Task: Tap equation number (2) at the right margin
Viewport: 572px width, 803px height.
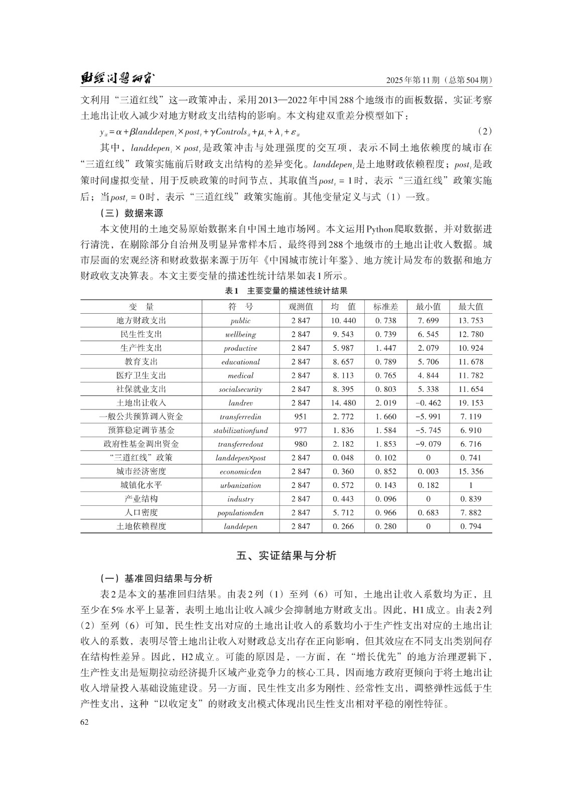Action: (484, 131)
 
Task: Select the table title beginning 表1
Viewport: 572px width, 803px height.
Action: (286, 291)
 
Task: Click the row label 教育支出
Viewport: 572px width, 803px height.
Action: (141, 361)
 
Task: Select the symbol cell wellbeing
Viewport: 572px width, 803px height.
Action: (240, 334)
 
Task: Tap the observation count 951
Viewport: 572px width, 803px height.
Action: (301, 417)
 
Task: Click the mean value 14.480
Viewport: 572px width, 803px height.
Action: (343, 403)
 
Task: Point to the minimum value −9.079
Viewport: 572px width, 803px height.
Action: (428, 444)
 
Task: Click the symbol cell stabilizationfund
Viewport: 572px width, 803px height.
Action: (240, 430)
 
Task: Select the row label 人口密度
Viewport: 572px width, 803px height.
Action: (141, 512)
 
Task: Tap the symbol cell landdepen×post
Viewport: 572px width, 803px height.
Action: (240, 458)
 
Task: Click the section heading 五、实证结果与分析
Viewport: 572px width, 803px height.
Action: (286, 556)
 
